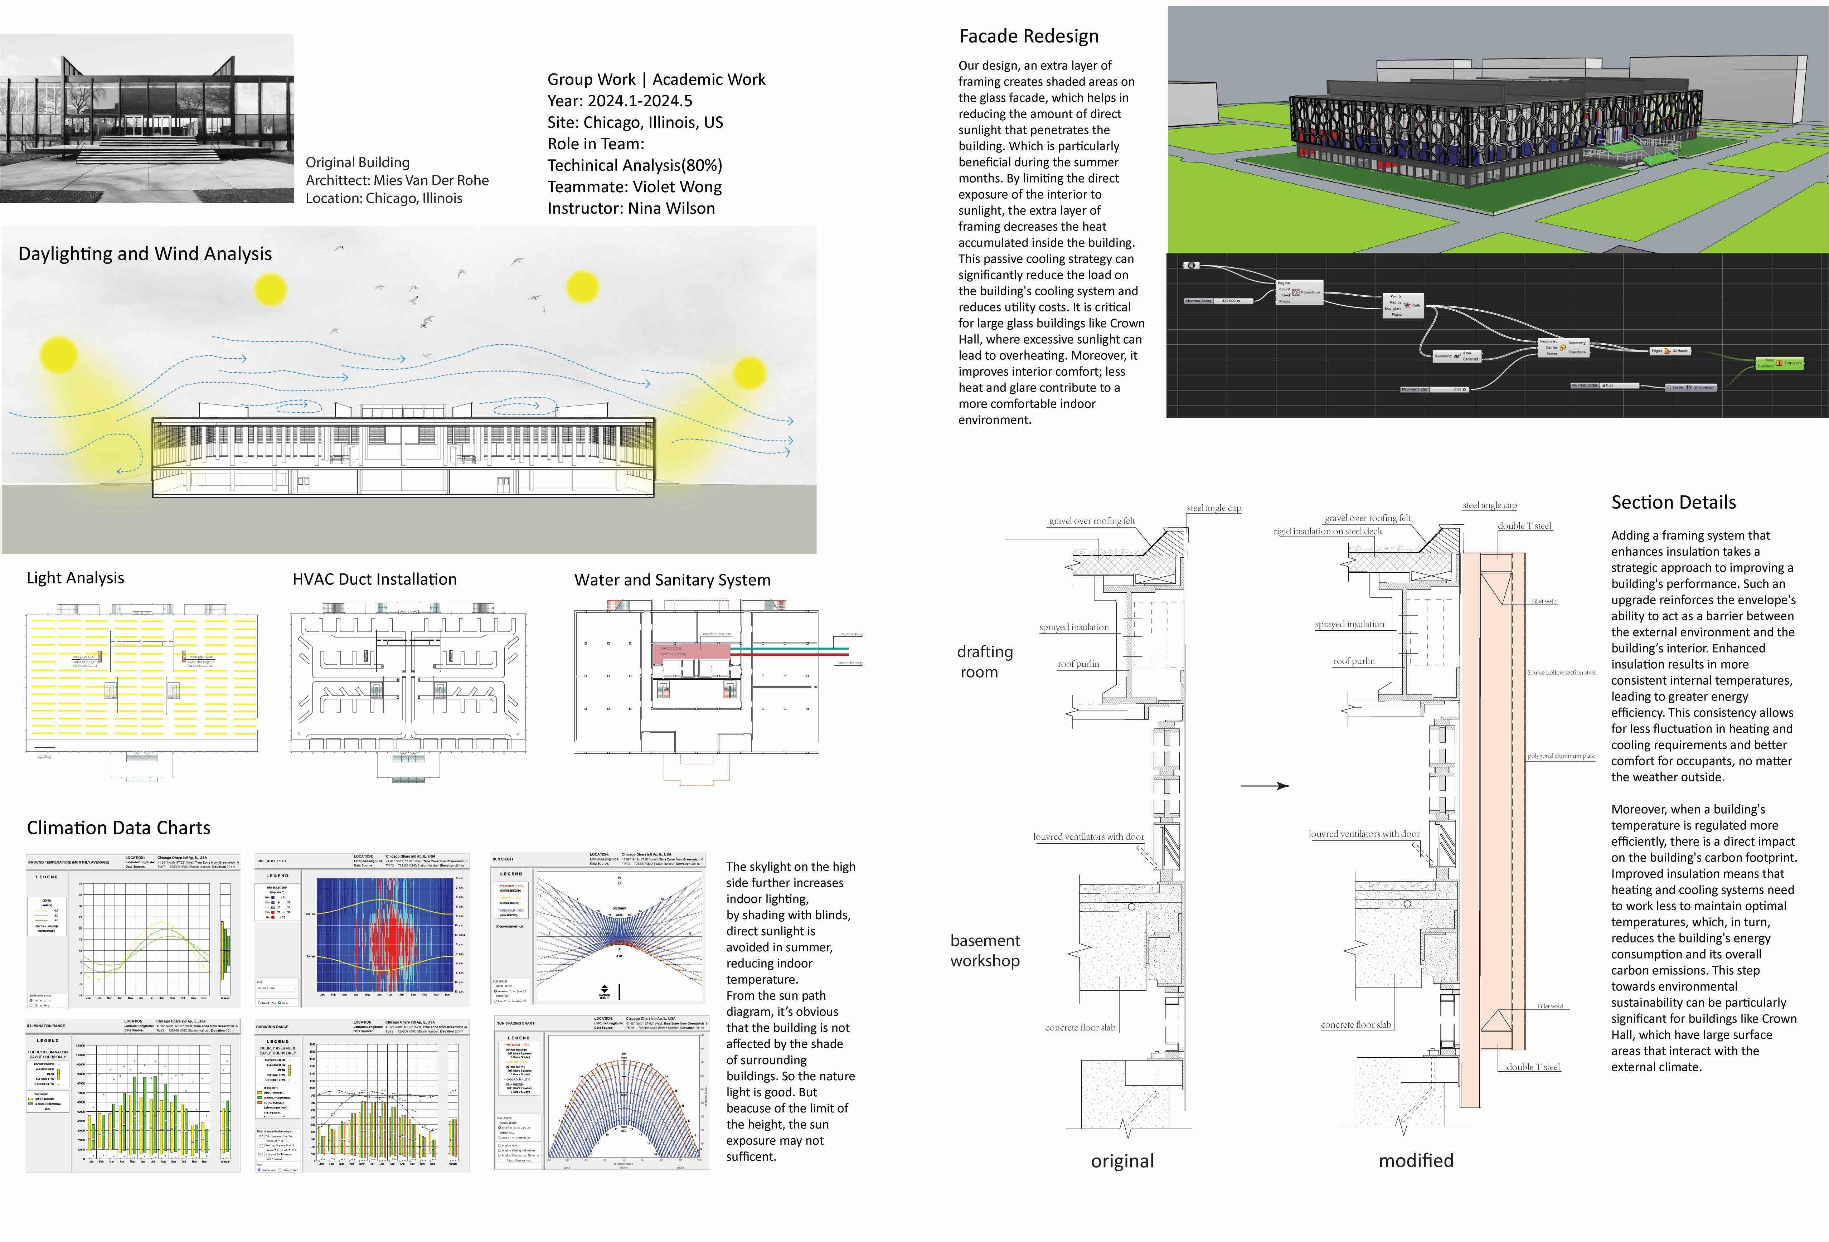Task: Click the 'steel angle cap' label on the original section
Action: tap(1214, 509)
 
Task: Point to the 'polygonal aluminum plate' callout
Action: tap(1561, 756)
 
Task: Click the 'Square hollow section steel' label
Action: tap(1561, 673)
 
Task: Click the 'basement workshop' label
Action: tap(985, 951)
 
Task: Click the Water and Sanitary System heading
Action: tap(672, 580)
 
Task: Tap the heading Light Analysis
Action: tap(76, 578)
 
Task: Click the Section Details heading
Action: tap(1673, 502)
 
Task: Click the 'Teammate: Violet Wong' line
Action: tap(634, 186)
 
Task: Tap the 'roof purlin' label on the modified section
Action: tap(1354, 661)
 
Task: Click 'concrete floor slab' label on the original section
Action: tap(1080, 1028)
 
